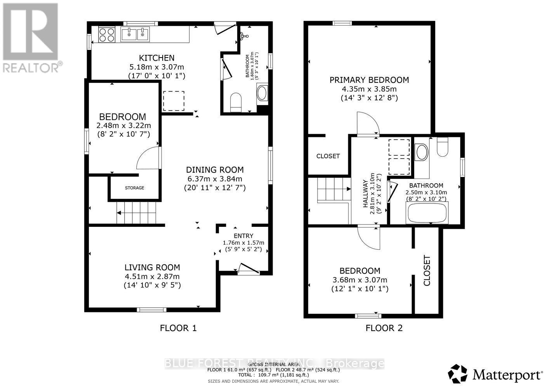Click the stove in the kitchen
[x=107, y=34]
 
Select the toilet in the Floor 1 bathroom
[x=236, y=102]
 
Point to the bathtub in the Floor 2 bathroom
[x=427, y=213]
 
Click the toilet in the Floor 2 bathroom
[x=442, y=147]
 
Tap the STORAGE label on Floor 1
[x=134, y=188]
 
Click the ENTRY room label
[x=243, y=236]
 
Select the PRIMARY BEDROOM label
[x=369, y=80]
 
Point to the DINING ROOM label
[x=215, y=170]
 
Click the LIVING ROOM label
[x=152, y=267]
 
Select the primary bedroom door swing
[x=367, y=123]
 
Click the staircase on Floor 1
[x=136, y=212]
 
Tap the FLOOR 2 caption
[x=384, y=328]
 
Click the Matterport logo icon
[x=457, y=374]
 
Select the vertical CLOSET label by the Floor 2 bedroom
[x=427, y=270]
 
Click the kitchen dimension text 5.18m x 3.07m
[x=156, y=67]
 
